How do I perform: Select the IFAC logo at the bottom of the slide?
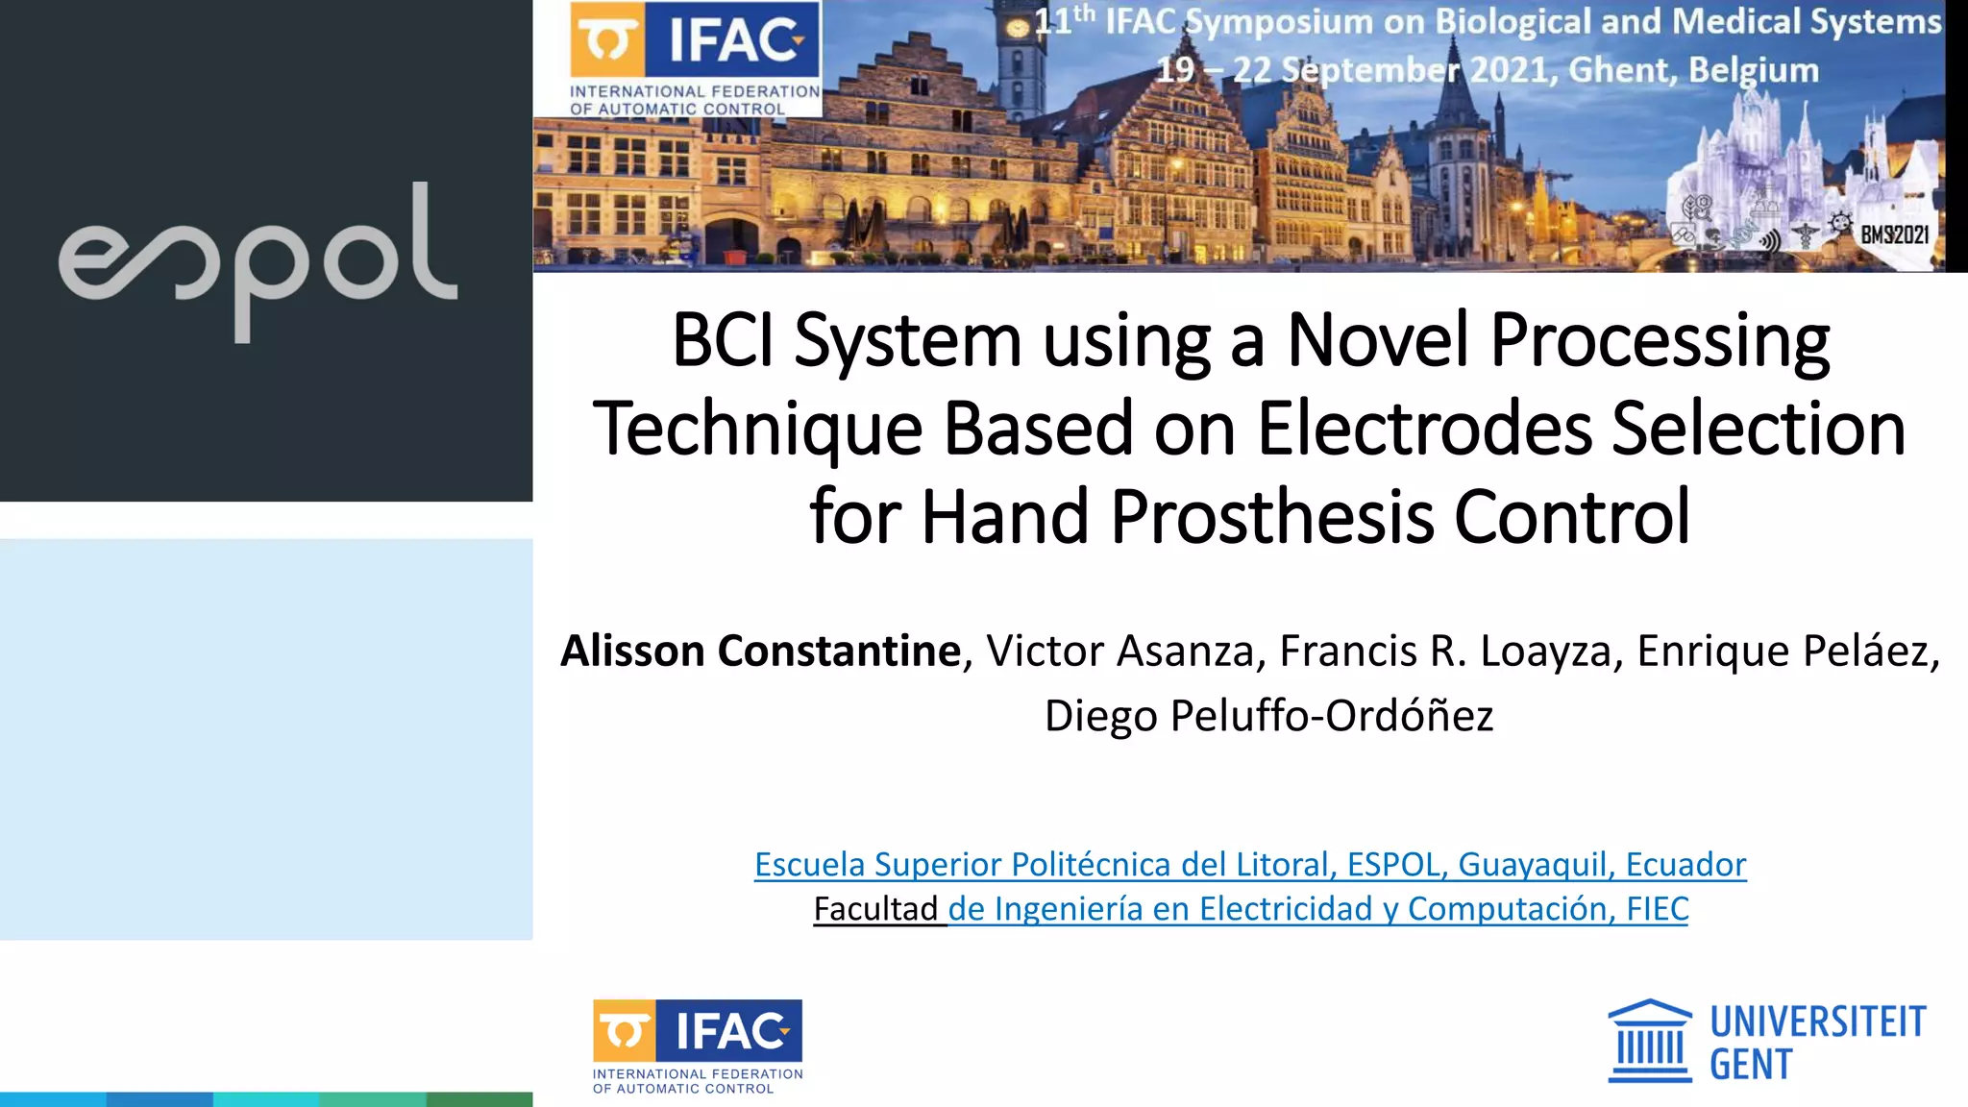click(x=698, y=1045)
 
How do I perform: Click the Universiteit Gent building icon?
click(x=1650, y=1042)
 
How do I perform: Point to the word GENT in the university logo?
click(x=1751, y=1065)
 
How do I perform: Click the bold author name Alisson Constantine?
click(x=761, y=652)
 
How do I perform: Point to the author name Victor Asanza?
click(x=1120, y=652)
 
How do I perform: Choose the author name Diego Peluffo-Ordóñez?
click(x=1268, y=716)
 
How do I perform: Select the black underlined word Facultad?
click(x=875, y=909)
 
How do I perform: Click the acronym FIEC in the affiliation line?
click(x=1657, y=909)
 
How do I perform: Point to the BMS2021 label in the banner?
click(x=1894, y=234)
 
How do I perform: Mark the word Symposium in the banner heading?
click(x=1278, y=21)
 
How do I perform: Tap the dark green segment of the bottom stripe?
click(x=479, y=1099)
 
